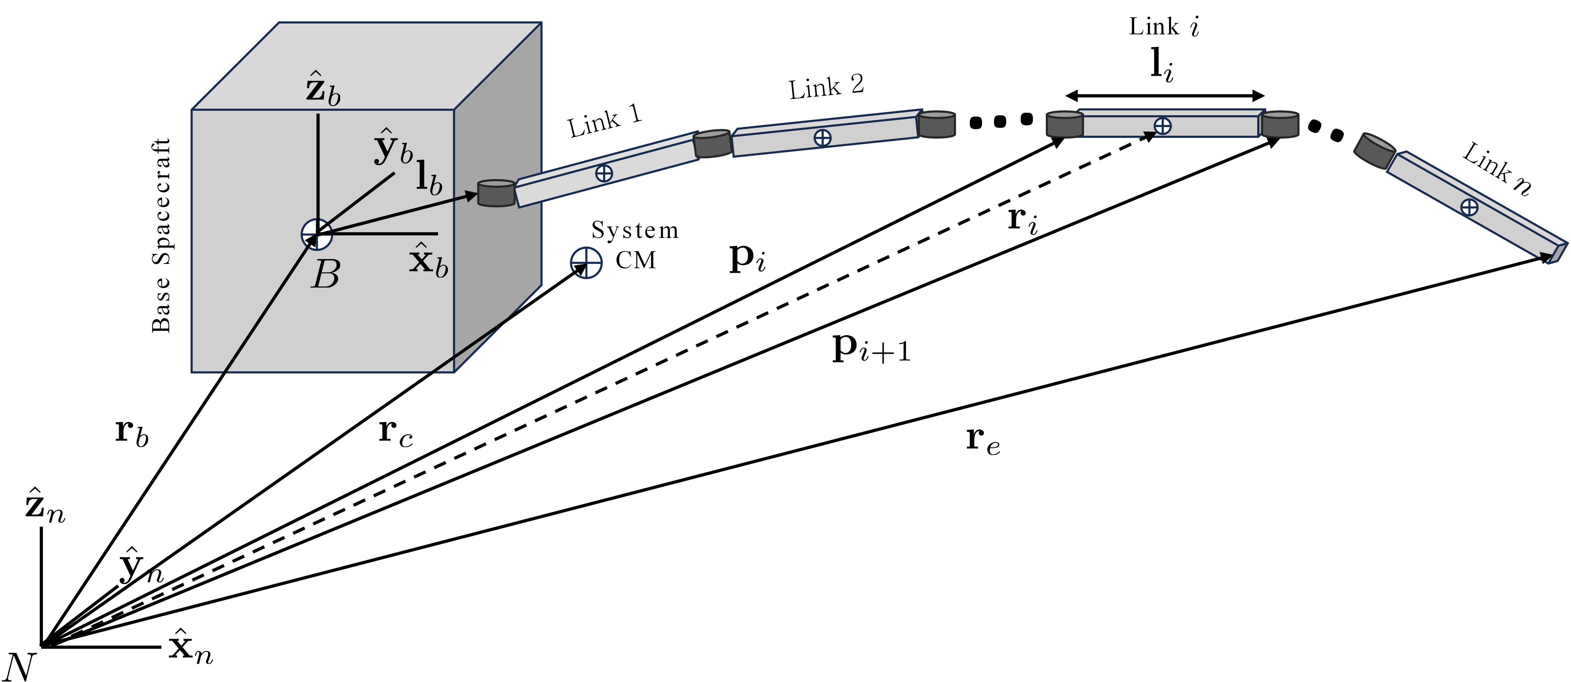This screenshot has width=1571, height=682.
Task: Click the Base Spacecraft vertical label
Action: [161, 235]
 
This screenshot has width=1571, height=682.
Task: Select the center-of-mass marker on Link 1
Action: [604, 173]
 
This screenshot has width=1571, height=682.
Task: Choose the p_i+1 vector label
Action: [871, 349]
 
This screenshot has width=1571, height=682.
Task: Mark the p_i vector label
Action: [747, 258]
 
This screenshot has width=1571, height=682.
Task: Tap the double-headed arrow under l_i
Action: [1165, 96]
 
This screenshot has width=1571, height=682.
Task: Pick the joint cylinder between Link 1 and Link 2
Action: [712, 144]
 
